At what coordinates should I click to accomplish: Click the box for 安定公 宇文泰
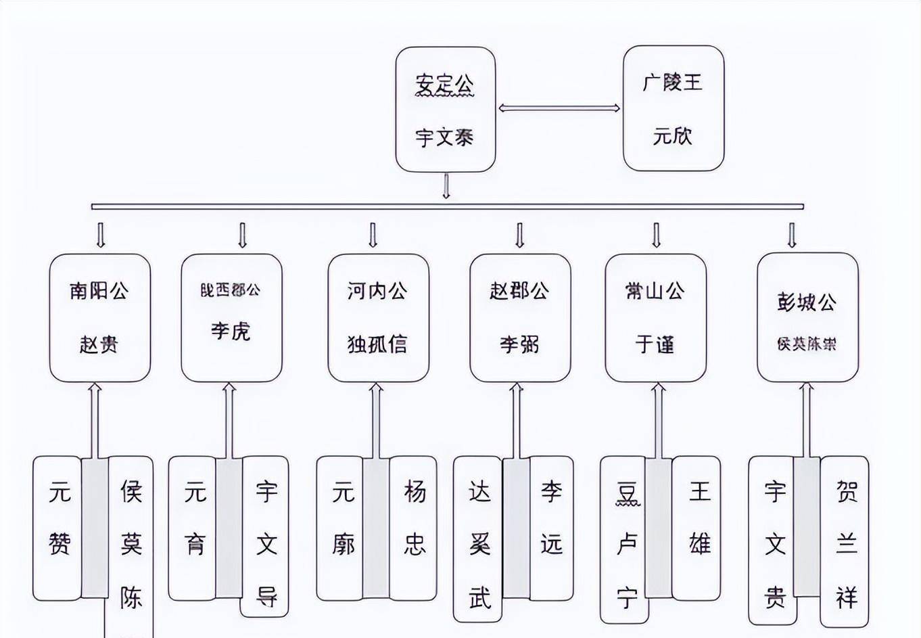446,110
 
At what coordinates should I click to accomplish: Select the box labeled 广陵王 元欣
673,108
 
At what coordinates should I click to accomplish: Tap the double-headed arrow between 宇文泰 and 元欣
559,108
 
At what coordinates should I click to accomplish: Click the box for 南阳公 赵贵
99,317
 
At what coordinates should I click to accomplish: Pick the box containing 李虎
231,317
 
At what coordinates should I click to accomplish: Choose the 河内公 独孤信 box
378,317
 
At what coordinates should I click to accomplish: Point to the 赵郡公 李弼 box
520,317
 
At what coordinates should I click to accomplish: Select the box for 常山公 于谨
655,317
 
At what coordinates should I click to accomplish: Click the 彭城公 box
807,317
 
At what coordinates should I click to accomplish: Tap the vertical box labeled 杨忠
413,528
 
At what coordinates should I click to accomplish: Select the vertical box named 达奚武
478,539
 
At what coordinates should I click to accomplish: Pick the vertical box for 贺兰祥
845,541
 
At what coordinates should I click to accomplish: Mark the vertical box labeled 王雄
697,528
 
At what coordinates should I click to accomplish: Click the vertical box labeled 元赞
57,528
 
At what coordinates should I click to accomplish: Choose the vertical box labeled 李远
551,528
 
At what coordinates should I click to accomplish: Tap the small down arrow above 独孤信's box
373,235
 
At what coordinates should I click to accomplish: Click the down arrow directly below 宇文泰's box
446,186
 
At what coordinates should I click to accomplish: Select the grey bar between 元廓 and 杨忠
376,528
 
